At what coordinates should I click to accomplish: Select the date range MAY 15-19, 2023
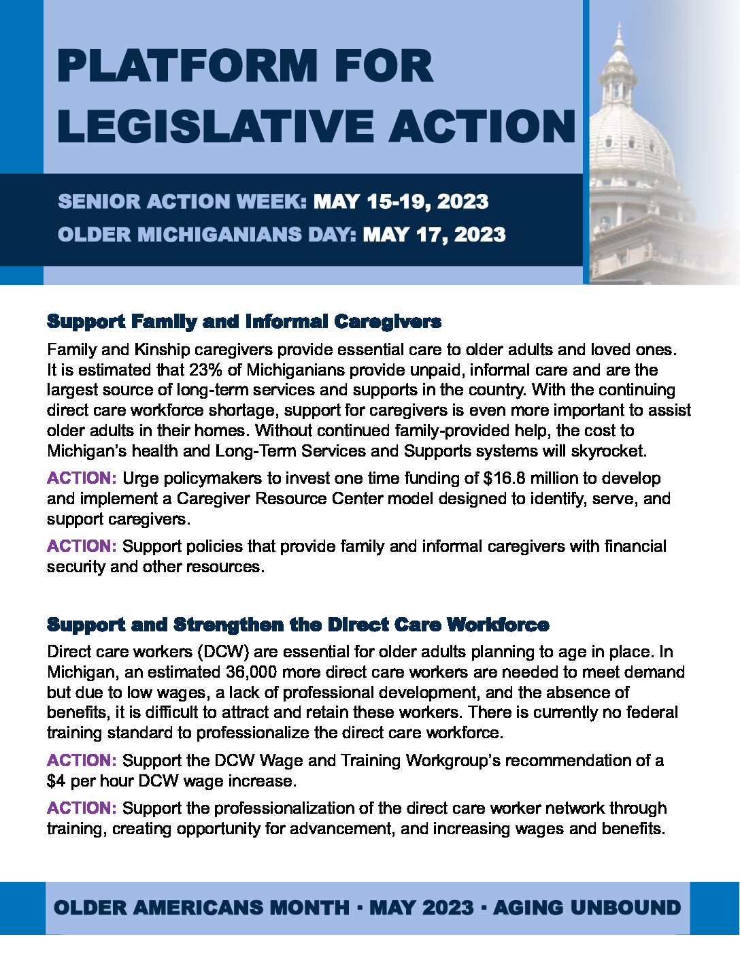tap(401, 202)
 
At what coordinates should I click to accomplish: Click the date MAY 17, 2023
tap(434, 235)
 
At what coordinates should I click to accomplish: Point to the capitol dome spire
tap(618, 37)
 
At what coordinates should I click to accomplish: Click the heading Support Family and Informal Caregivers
tap(244, 321)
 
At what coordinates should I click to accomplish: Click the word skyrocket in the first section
tap(612, 451)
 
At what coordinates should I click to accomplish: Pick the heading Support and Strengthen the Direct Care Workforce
tap(298, 625)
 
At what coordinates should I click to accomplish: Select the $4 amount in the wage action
tap(56, 781)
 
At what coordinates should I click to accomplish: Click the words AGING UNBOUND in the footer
tap(586, 908)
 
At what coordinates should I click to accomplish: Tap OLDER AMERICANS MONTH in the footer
tap(201, 908)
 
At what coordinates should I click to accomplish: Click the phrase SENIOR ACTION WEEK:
tap(183, 202)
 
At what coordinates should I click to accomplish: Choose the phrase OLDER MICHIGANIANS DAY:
tap(207, 235)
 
